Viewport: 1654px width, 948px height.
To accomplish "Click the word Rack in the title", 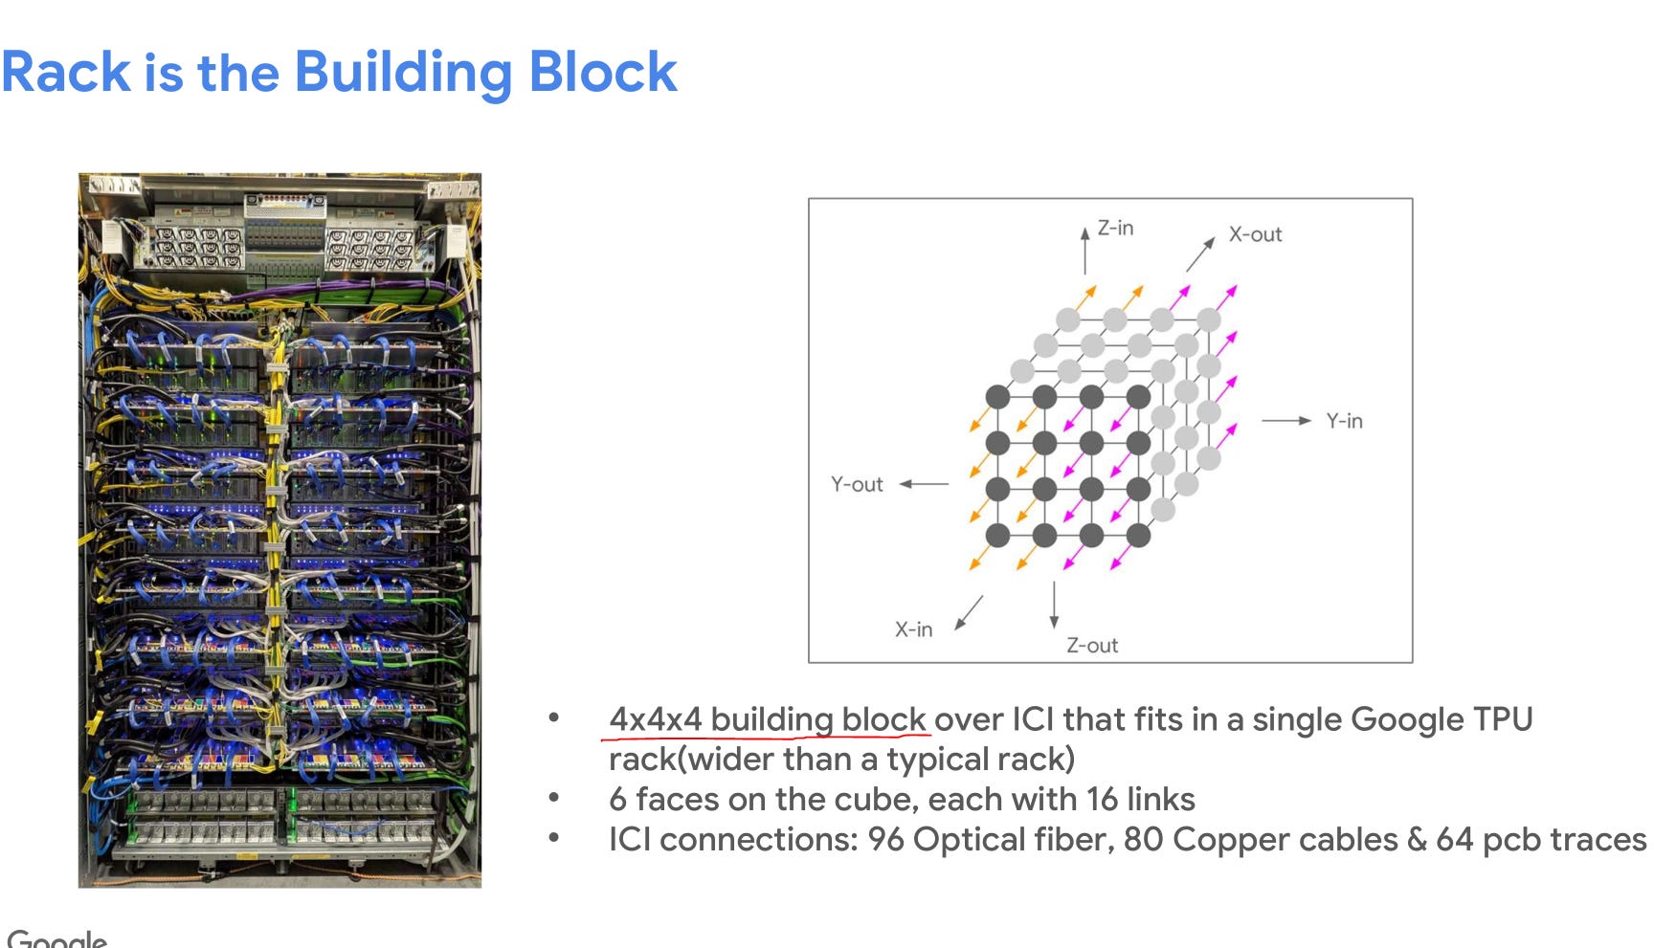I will click(x=66, y=72).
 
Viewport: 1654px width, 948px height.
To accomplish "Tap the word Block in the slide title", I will click(x=602, y=72).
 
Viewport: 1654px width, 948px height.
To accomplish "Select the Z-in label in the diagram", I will click(x=1115, y=228).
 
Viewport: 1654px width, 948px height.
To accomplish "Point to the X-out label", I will click(x=1255, y=234).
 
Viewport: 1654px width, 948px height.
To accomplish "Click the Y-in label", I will click(x=1344, y=421).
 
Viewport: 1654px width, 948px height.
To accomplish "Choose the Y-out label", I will click(x=857, y=485).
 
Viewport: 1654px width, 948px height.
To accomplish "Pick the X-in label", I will click(x=913, y=629).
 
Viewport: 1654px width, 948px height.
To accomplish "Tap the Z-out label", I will click(x=1092, y=646).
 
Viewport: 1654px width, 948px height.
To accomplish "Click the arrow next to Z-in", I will click(x=1084, y=251).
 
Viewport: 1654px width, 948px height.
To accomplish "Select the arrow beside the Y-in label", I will click(x=1286, y=421).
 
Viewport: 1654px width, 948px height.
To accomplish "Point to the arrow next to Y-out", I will click(x=924, y=485).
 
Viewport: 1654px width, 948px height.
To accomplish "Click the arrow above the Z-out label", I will click(x=1054, y=604).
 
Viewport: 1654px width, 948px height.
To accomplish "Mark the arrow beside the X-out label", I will click(x=1200, y=254).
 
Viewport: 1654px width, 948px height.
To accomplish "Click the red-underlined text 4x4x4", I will click(x=656, y=719).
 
